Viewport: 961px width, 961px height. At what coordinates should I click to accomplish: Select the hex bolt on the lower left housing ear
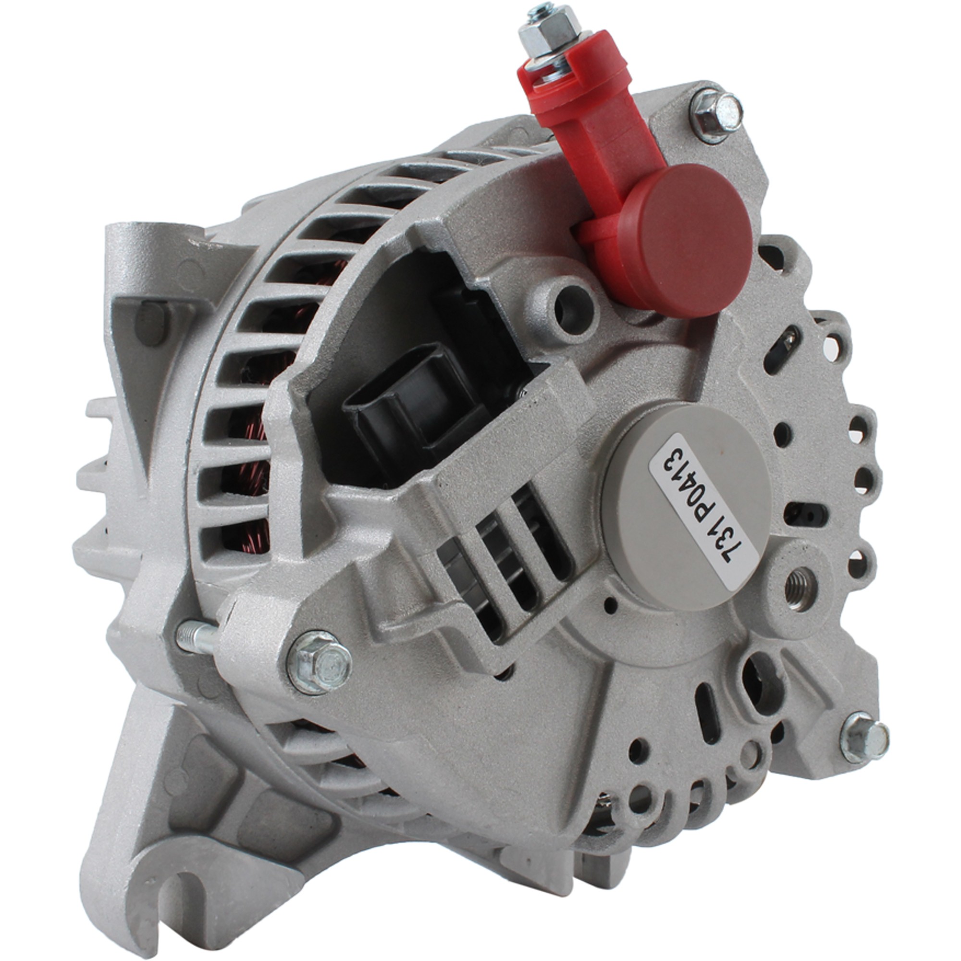point(320,662)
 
